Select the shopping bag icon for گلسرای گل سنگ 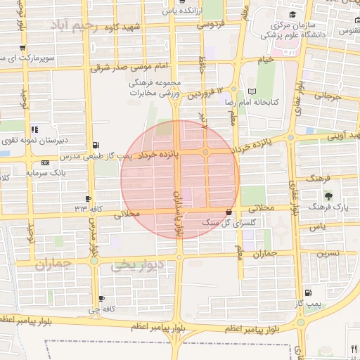pos(228,212)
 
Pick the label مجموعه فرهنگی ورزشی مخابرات pos(155,88)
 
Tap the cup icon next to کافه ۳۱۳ pos(88,199)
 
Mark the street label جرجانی pos(327,95)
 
